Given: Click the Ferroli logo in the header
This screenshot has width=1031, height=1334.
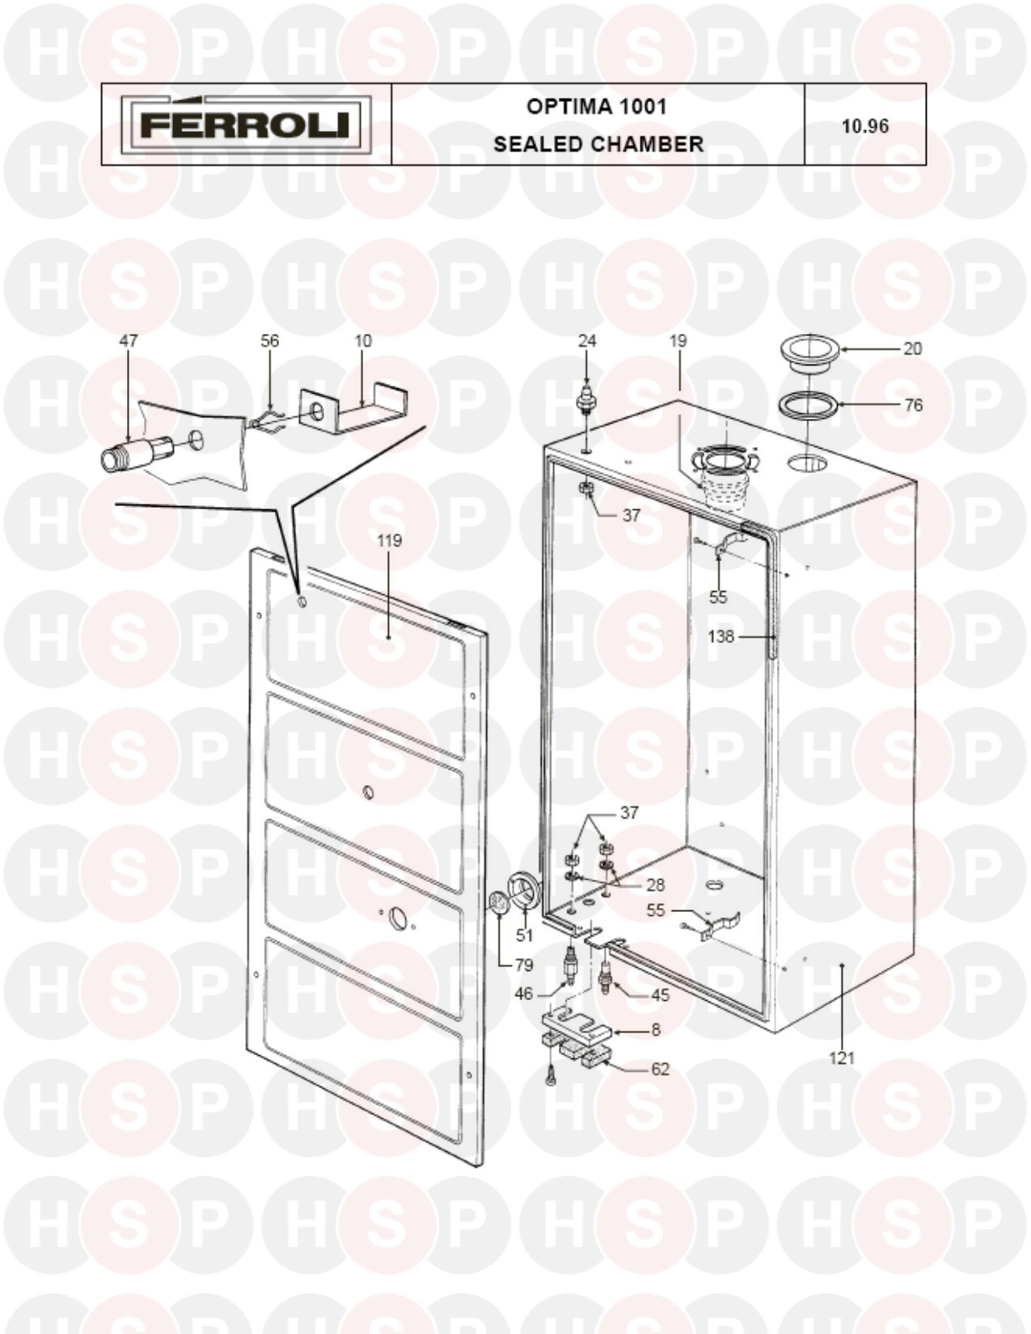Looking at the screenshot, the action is (x=246, y=125).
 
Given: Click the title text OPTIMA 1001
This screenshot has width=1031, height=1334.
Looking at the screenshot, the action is (x=596, y=107).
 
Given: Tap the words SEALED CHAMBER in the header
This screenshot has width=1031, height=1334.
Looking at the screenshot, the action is (x=598, y=144).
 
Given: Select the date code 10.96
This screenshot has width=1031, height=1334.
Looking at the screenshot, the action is (x=864, y=126).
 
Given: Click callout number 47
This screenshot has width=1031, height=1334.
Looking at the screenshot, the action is (x=129, y=340).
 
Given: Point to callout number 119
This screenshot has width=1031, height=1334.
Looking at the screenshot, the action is (x=389, y=541).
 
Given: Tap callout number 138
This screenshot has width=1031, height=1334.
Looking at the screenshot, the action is (x=721, y=636).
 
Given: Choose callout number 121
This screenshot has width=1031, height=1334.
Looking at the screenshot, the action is (x=842, y=1057).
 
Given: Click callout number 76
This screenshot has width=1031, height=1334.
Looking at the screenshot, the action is (x=913, y=405).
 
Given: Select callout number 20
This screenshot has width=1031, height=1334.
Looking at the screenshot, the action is (x=912, y=348).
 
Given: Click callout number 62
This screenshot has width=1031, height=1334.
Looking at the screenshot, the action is (x=660, y=1069).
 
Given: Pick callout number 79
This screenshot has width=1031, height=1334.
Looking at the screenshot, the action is (x=524, y=965).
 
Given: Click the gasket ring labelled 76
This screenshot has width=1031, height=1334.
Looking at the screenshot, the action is (x=809, y=406).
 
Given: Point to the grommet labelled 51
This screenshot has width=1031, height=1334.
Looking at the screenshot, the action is (x=524, y=891).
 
